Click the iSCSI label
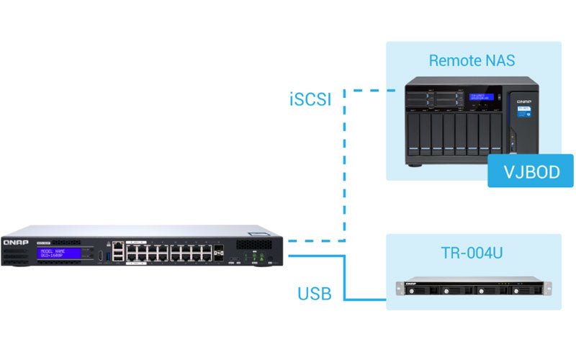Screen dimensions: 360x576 pyautogui.click(x=310, y=99)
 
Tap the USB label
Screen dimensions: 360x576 pyautogui.click(x=314, y=294)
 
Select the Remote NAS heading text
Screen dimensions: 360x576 pyautogui.click(x=472, y=60)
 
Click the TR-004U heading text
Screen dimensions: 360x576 pyautogui.click(x=472, y=253)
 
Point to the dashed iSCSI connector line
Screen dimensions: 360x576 pyautogui.click(x=345, y=166)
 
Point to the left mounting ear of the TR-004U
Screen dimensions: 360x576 pyautogui.click(x=399, y=289)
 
